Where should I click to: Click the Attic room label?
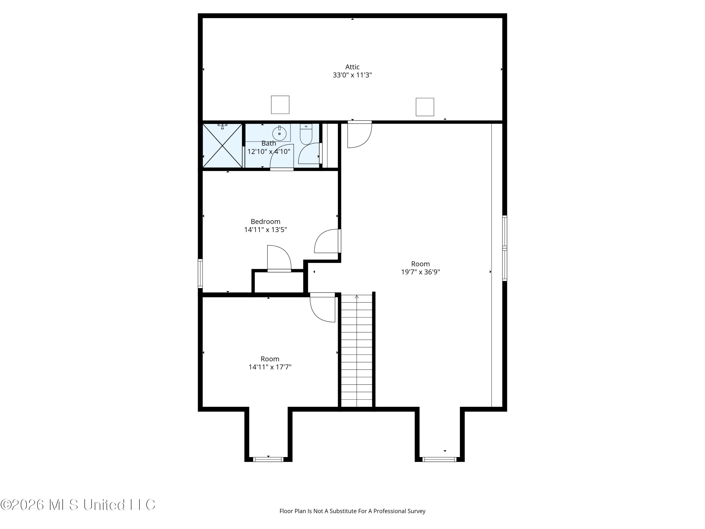[352, 67]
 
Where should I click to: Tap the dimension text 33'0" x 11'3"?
[352, 75]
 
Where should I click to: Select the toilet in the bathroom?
[306, 134]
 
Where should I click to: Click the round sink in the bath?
[279, 134]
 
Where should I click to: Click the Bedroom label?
[266, 222]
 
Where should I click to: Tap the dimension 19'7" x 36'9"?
[420, 272]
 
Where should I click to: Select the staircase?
[357, 351]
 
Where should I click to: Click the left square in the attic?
[280, 105]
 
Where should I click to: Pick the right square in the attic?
[425, 107]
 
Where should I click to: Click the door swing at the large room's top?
[360, 134]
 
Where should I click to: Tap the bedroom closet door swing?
[279, 259]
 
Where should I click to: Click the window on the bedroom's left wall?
[200, 274]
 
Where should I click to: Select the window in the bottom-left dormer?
[268, 459]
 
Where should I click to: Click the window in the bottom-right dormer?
[439, 459]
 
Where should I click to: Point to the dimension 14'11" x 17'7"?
[270, 367]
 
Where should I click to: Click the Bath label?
[269, 143]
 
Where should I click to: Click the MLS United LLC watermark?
[78, 505]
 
